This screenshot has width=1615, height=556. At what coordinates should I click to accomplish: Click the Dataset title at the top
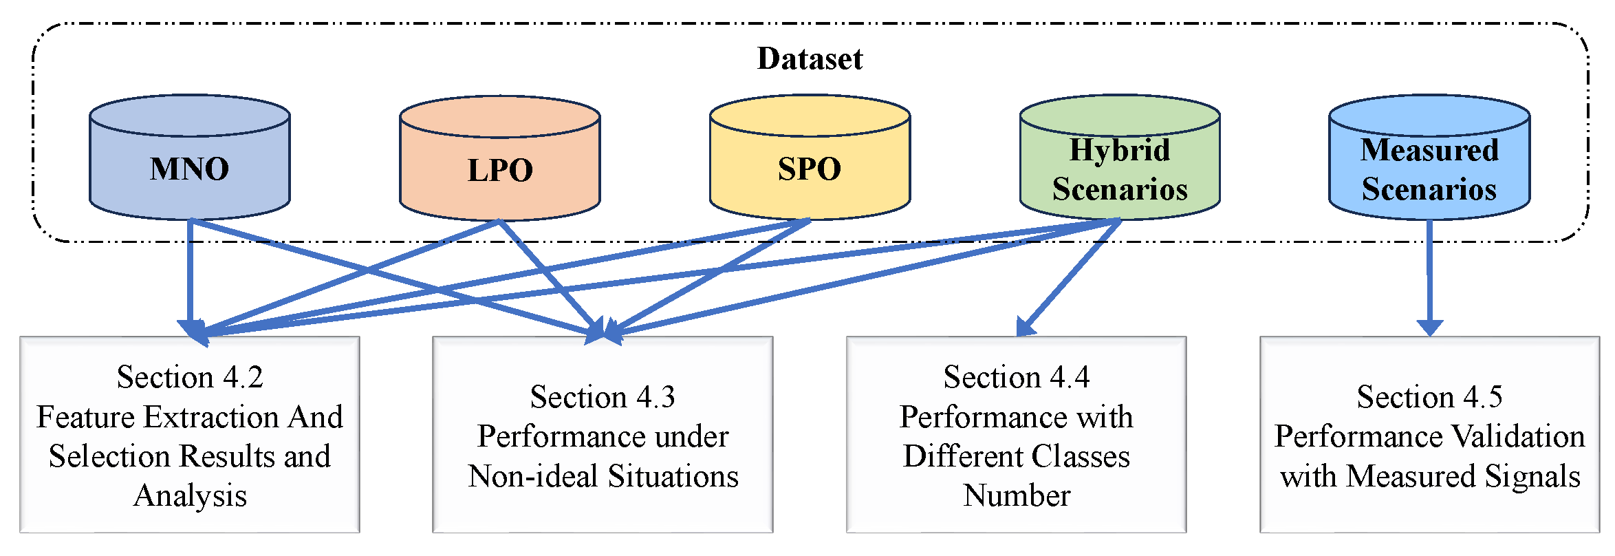coord(809,58)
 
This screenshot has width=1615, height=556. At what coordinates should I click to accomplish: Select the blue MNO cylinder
coord(189,169)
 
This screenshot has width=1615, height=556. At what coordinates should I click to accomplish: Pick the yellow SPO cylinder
coord(809,169)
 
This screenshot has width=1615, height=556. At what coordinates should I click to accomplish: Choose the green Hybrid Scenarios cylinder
coord(1119,169)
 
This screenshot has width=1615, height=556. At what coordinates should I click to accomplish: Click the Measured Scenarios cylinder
coord(1429,169)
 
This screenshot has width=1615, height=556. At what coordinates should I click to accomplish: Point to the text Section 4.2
coord(190,377)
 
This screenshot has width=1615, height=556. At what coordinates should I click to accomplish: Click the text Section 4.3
coord(603,397)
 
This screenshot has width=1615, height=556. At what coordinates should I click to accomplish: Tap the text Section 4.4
coord(1016,377)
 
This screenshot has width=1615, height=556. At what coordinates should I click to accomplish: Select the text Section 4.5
coord(1429,397)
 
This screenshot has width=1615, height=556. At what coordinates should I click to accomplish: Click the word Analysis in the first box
coord(190,496)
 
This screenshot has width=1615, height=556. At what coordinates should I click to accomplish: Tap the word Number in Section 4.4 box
coord(1017,496)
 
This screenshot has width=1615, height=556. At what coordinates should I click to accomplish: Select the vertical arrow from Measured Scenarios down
coord(1429,275)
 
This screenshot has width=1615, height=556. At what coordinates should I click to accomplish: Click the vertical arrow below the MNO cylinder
coord(190,275)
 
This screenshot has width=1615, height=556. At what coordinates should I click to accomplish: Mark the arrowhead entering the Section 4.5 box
coord(1429,328)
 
